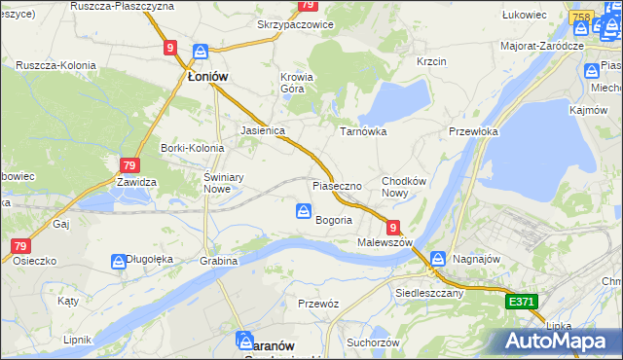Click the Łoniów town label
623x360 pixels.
207,76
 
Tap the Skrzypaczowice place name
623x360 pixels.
295,24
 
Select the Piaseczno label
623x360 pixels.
337,185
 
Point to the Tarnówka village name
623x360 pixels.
363,130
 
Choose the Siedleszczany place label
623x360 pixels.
429,292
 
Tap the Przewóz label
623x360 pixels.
318,304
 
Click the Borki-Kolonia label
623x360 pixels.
192,148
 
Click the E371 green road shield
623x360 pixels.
522,303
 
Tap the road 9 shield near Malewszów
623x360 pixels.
392,226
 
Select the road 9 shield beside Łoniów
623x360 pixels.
170,47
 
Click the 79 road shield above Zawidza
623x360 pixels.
130,165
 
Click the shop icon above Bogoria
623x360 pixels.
304,210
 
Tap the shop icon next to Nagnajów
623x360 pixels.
438,259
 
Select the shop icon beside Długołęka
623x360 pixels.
119,260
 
